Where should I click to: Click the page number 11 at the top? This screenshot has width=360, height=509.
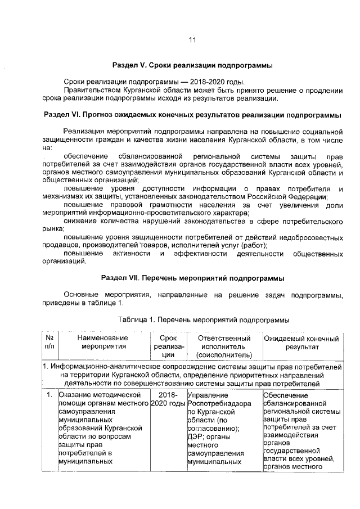click(192, 40)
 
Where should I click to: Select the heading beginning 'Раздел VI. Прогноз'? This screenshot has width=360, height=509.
click(192, 115)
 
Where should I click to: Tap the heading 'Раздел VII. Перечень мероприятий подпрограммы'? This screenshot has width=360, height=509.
click(192, 278)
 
